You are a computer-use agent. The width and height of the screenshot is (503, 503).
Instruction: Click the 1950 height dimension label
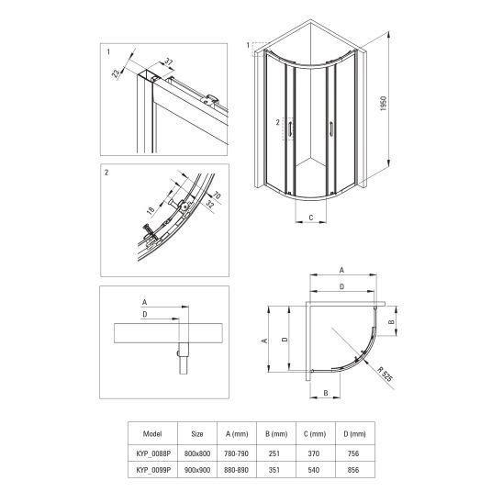(384, 104)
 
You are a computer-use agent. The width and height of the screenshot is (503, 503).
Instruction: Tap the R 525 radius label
(385, 374)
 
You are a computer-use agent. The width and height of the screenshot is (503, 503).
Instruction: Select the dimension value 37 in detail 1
(169, 61)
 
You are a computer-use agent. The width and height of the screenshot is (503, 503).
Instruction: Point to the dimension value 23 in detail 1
(116, 73)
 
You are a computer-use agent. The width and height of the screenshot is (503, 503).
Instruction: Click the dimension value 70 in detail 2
(217, 195)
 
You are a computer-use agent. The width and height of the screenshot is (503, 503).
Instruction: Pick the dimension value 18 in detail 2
(151, 210)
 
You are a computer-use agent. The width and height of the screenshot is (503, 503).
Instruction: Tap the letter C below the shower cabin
(311, 218)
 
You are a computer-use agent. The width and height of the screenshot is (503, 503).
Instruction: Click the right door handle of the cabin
(330, 129)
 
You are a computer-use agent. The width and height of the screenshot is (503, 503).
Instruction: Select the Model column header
(152, 434)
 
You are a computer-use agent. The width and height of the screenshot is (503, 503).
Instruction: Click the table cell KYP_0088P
(153, 453)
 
